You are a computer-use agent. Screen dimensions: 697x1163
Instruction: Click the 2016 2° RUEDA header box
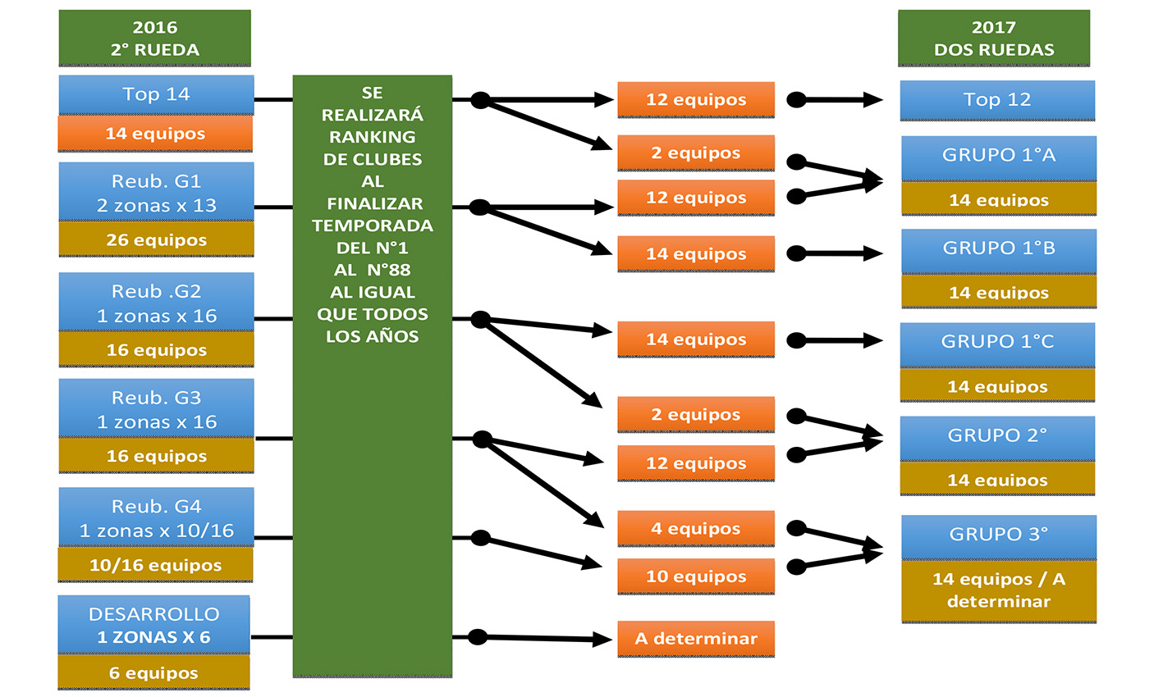click(154, 39)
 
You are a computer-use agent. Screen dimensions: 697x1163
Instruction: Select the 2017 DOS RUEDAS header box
click(993, 39)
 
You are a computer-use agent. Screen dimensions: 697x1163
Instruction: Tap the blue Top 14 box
click(156, 94)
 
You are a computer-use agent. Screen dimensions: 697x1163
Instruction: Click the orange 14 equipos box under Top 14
click(155, 134)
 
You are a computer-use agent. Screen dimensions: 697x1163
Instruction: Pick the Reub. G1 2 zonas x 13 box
click(156, 193)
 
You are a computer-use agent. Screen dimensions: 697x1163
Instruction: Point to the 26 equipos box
click(156, 240)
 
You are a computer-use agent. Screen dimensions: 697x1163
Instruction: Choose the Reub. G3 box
click(156, 409)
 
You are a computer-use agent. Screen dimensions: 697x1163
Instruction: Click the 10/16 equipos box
click(155, 565)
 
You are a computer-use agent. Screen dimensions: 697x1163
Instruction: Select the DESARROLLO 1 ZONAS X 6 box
click(153, 625)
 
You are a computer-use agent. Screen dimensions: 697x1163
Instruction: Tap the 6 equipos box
click(153, 673)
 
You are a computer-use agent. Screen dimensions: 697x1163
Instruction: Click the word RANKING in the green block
click(372, 137)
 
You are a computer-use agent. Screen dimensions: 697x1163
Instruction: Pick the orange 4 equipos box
click(695, 529)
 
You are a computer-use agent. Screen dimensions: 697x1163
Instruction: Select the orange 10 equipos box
click(695, 576)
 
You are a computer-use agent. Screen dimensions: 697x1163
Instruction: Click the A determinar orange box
click(695, 639)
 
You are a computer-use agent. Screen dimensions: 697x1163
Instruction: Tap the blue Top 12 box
click(996, 100)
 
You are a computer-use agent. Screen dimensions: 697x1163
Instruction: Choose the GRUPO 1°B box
click(998, 248)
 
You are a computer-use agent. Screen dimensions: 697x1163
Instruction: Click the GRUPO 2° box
click(997, 436)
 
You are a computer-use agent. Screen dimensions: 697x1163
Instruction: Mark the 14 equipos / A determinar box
click(998, 590)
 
